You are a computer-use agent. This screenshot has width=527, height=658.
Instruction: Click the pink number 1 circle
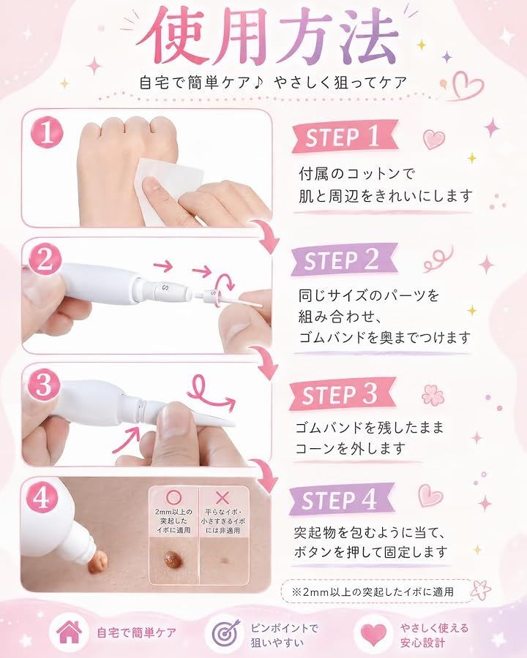(46, 132)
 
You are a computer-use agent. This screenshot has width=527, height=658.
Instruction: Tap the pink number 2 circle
(45, 260)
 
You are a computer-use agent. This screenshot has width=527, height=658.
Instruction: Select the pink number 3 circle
(44, 385)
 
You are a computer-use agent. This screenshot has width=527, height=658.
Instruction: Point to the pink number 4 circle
(42, 499)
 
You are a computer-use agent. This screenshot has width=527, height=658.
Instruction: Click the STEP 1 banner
(345, 137)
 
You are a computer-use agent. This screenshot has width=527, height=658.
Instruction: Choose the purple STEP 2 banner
(344, 260)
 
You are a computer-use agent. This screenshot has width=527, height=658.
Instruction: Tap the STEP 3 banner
(342, 393)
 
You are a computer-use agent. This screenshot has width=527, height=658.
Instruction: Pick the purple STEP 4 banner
(341, 499)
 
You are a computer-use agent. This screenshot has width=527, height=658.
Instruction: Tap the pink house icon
(70, 632)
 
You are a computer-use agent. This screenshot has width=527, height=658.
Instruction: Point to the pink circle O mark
(173, 498)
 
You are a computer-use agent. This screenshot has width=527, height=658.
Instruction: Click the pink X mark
(222, 498)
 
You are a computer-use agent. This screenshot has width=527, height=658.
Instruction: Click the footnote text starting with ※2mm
(373, 591)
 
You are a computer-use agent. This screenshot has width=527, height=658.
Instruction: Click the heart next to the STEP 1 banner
(434, 140)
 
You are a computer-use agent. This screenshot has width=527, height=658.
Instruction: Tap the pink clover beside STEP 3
(433, 395)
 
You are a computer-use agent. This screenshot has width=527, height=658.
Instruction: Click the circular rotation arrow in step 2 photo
(225, 282)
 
